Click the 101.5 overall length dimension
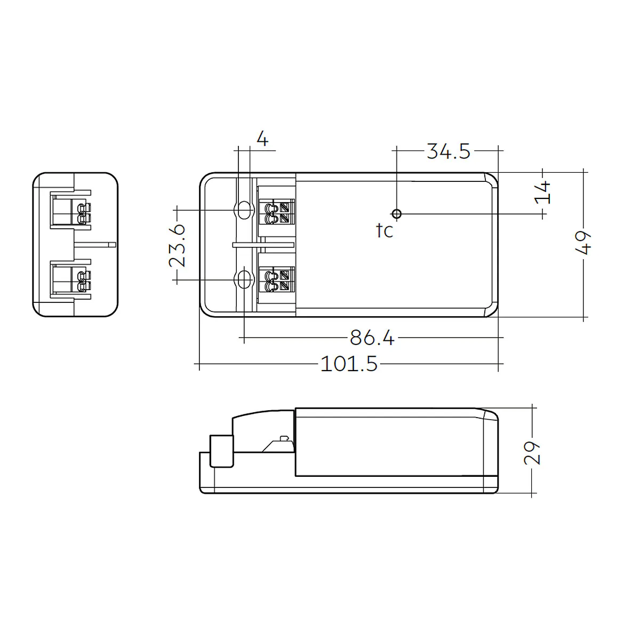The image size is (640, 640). (349, 364)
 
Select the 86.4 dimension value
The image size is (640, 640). (372, 338)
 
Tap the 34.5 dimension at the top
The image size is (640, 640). (448, 151)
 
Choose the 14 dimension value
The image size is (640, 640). (543, 192)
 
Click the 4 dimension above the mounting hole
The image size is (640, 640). (262, 139)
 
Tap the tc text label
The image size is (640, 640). (384, 231)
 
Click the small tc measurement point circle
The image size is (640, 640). (396, 214)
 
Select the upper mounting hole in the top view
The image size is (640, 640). (244, 210)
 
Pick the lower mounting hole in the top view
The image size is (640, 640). (244, 279)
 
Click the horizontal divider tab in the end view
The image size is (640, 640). (95, 244)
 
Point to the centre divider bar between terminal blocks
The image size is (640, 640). (263, 244)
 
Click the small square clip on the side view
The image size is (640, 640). (222, 451)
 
